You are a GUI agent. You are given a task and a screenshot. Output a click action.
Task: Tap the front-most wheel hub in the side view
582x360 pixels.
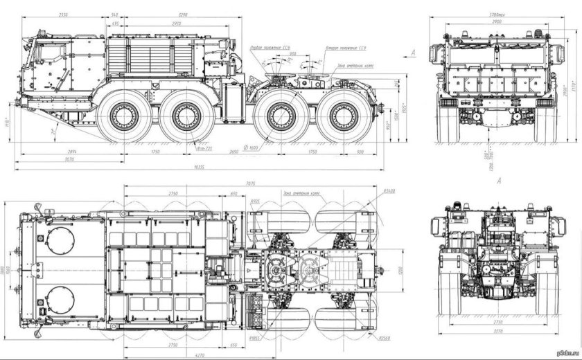click(125, 116)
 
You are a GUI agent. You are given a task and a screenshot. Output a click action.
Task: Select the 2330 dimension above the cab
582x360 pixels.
click(64, 14)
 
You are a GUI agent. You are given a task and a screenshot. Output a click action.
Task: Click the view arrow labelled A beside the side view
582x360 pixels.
click(413, 53)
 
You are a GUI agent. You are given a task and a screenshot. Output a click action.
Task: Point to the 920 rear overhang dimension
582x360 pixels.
click(359, 150)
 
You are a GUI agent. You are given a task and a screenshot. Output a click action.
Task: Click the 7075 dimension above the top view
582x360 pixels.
click(251, 184)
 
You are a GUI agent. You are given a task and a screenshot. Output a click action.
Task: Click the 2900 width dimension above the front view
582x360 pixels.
click(497, 21)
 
